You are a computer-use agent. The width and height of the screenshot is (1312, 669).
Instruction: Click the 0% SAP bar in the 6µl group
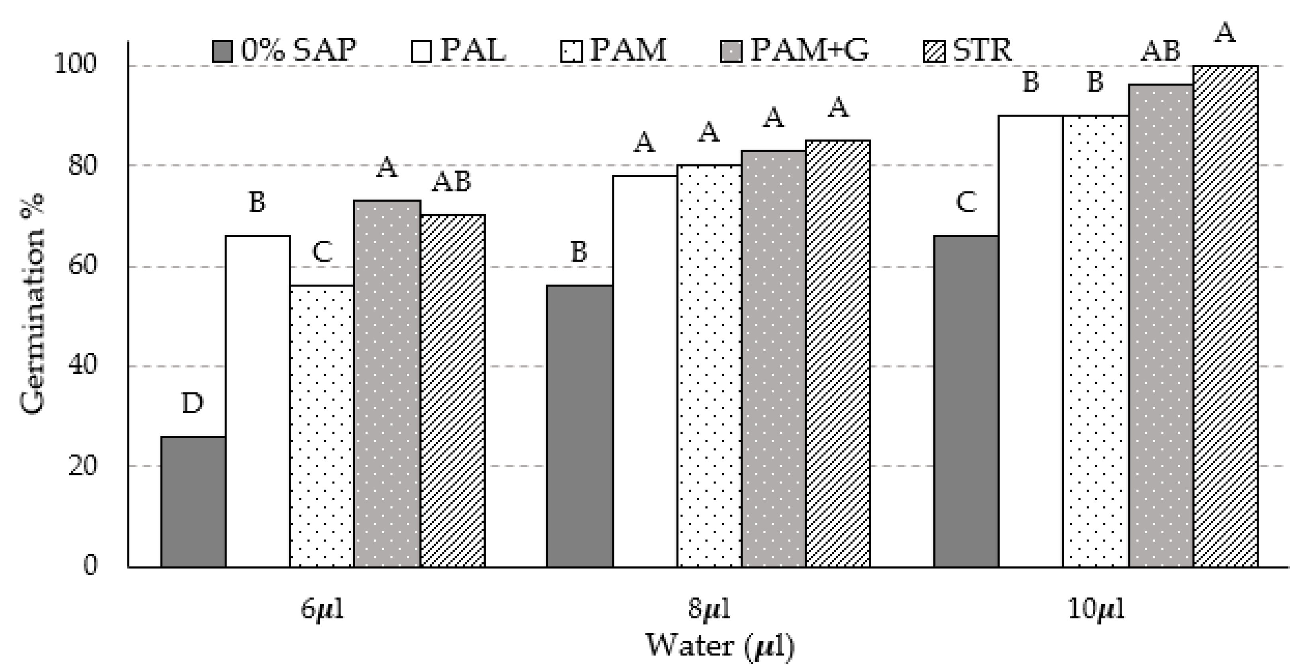click(193, 501)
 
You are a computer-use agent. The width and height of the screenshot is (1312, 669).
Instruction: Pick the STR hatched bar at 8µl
click(838, 353)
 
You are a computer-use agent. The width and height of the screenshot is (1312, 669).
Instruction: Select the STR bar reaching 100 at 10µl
click(1226, 316)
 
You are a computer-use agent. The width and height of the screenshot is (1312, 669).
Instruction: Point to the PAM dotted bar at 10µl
click(1095, 341)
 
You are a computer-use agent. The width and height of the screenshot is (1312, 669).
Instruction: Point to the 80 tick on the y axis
click(82, 166)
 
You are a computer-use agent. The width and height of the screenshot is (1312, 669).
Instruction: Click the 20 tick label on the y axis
click(82, 466)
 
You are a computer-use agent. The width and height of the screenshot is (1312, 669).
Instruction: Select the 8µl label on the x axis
click(709, 609)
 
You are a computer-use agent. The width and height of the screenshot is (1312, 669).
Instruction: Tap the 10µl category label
click(1095, 609)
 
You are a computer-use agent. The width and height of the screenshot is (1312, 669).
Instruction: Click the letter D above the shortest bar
click(193, 404)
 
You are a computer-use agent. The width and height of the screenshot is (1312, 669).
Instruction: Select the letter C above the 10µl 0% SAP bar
click(966, 203)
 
